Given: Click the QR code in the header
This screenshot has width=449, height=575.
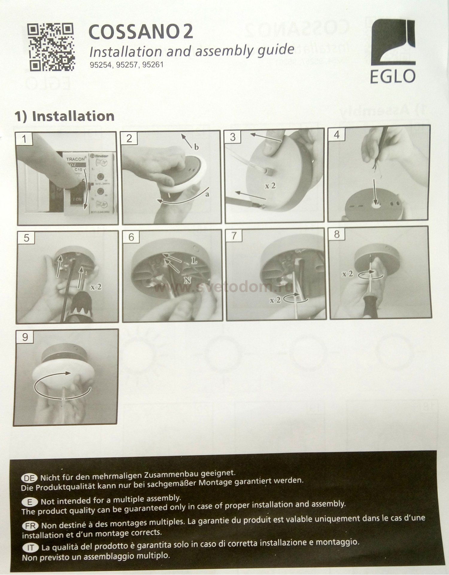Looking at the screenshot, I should click(x=51, y=47).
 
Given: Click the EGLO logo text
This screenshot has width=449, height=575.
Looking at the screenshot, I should click(x=392, y=77).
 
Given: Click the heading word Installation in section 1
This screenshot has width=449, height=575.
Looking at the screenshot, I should click(x=73, y=116).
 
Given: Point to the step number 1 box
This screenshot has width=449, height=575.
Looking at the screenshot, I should click(x=25, y=139).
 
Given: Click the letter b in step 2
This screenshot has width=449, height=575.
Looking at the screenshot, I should click(x=196, y=147).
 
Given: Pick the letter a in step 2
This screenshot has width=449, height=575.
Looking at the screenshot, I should click(x=207, y=194).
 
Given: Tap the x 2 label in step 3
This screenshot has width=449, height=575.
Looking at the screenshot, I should click(x=270, y=186).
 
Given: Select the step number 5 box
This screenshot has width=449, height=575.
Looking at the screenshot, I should click(x=26, y=238).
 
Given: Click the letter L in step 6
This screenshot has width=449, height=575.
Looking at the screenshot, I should click(x=194, y=261).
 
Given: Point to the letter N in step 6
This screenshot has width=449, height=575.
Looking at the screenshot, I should click(x=187, y=280).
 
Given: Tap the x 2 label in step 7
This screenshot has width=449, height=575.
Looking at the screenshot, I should click(x=275, y=300).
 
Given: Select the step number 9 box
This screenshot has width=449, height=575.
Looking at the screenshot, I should click(x=25, y=337).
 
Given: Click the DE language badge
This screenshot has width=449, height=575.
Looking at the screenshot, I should click(x=29, y=478).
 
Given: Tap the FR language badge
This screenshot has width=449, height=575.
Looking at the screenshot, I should click(x=30, y=526).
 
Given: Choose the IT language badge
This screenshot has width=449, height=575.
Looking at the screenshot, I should click(x=31, y=548).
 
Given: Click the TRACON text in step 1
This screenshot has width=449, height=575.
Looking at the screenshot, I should click(x=76, y=159).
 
